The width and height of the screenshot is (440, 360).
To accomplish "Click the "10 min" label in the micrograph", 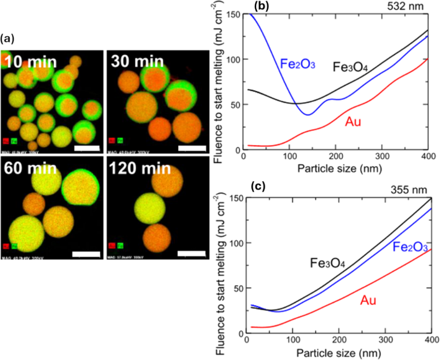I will coord(27,61).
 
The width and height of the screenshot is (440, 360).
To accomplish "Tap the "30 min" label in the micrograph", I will coord(132,61).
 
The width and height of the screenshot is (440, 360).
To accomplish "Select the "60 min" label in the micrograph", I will coord(27,167).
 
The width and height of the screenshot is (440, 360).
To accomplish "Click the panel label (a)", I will coord(8,38).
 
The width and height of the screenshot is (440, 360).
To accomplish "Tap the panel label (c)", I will coord(258,186).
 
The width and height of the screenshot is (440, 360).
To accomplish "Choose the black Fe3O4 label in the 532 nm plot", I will coord(350,67).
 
